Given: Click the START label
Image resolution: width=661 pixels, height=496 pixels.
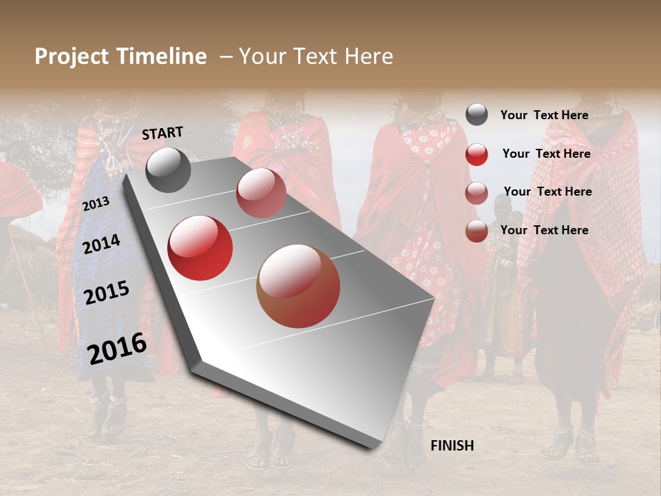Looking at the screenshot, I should tap(162, 133).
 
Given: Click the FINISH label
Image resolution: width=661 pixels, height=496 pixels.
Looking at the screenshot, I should tap(452, 446).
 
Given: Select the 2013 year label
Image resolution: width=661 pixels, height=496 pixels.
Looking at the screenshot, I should tap(96, 204).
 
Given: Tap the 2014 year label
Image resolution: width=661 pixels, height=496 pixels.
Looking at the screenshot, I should tap(101, 245).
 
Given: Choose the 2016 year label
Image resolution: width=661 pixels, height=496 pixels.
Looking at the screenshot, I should tap(117, 348).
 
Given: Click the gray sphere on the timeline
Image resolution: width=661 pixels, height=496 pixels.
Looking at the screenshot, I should tap(168, 169).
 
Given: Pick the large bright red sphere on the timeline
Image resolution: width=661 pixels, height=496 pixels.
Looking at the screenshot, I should tap(200, 248).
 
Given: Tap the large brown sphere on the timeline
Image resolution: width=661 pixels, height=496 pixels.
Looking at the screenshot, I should tap(298, 286).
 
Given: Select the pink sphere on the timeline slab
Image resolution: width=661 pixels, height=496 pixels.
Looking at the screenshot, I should tap(261, 193).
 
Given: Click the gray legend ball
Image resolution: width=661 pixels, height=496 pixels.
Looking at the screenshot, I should tap(476, 115).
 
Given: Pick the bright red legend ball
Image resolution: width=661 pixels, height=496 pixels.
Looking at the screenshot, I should tap(476, 154).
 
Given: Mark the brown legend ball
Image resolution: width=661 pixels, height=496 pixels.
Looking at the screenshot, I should tap(476, 231).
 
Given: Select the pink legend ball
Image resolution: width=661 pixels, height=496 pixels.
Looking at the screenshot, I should tap(476, 193).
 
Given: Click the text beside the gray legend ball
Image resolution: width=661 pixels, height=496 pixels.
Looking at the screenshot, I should tap(544, 115).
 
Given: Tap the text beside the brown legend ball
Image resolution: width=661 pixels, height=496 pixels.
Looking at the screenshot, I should tap(544, 230).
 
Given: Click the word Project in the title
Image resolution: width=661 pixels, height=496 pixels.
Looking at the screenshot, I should tap(72, 56).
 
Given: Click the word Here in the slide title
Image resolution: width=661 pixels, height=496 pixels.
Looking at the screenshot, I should tap(368, 56).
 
